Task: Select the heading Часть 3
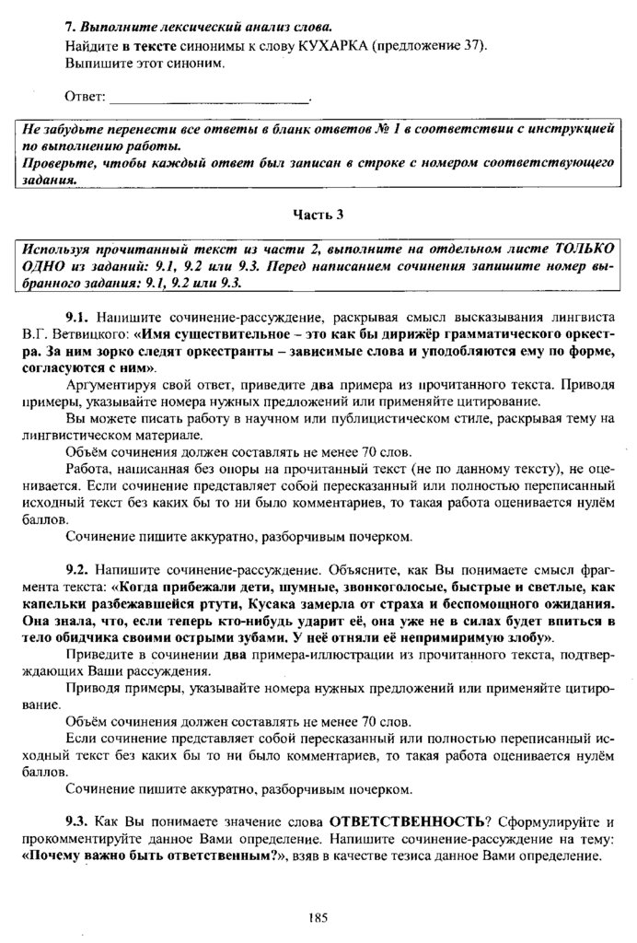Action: pos(318,215)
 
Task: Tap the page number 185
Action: pos(318,917)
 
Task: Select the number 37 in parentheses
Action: pos(471,46)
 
